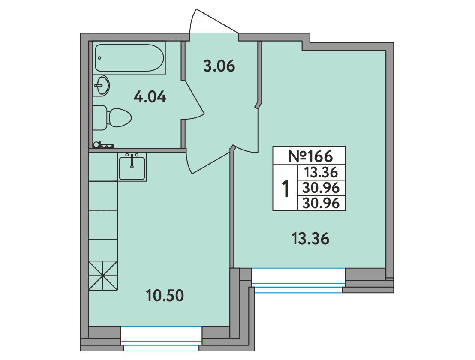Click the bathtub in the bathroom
(129, 58)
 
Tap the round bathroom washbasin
(101, 86)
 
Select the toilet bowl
(112, 117)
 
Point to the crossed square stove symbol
(103, 276)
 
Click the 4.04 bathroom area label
(150, 97)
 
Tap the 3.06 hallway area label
(219, 66)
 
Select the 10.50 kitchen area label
(165, 296)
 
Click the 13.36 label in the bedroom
(310, 239)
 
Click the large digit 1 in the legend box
(285, 188)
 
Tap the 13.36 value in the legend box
(321, 173)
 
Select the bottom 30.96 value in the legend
(321, 203)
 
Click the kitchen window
(162, 338)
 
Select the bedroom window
(298, 280)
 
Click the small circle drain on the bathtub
(99, 57)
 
